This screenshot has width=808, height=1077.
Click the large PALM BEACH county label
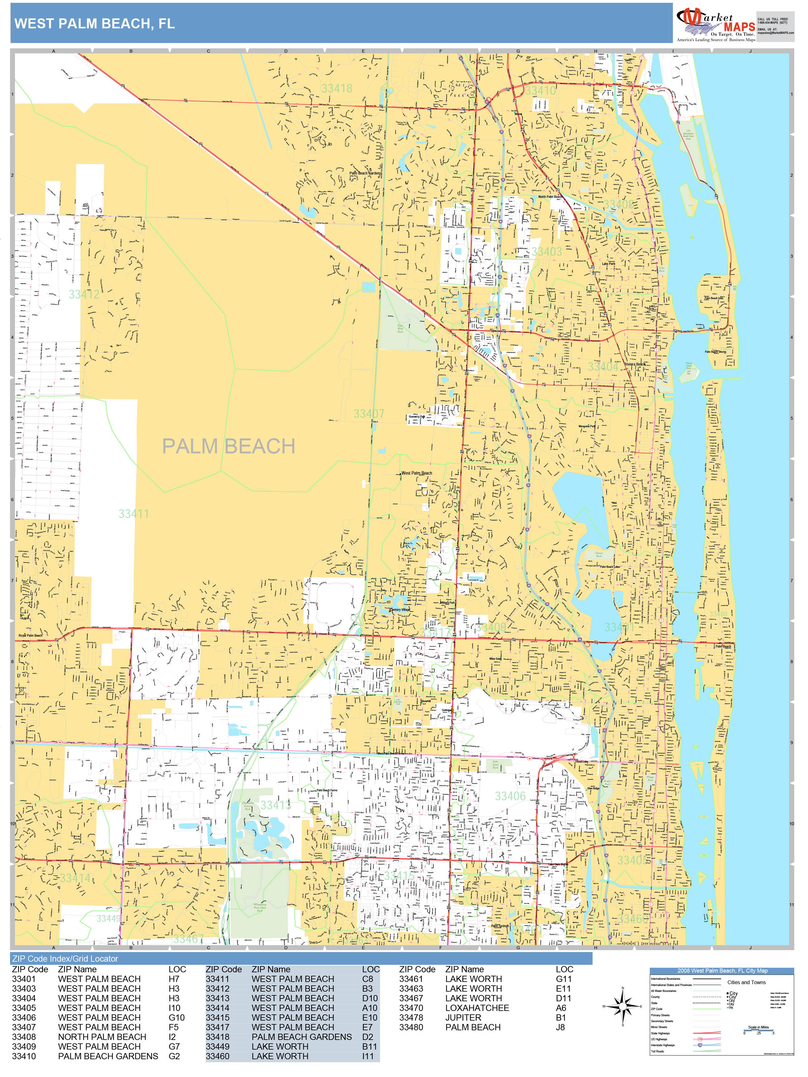[x=228, y=446]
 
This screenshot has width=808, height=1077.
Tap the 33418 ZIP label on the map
[x=337, y=88]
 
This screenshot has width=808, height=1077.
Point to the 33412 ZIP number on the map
[x=84, y=294]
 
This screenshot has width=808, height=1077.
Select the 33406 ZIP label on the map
[x=510, y=796]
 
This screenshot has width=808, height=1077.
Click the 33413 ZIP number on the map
[x=275, y=805]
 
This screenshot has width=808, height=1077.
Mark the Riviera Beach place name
[x=635, y=364]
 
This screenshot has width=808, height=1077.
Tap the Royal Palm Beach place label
[x=31, y=635]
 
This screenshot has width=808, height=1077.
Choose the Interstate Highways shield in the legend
[x=700, y=1045]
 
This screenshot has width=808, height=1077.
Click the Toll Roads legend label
[x=657, y=1051]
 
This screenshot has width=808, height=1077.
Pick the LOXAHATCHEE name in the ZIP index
[x=477, y=1008]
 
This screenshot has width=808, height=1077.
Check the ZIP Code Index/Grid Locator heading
[x=65, y=959]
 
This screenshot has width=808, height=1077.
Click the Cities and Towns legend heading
[x=746, y=982]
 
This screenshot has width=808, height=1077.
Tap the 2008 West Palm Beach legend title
[x=722, y=970]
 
